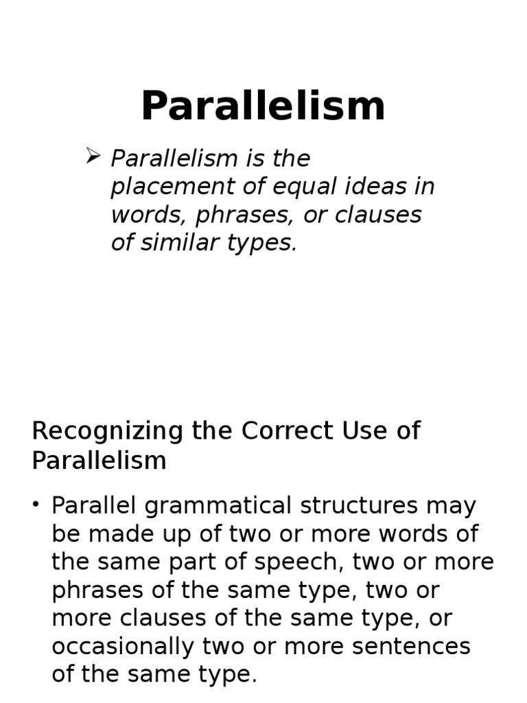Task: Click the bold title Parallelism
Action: [263, 106]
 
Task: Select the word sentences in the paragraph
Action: [411, 647]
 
